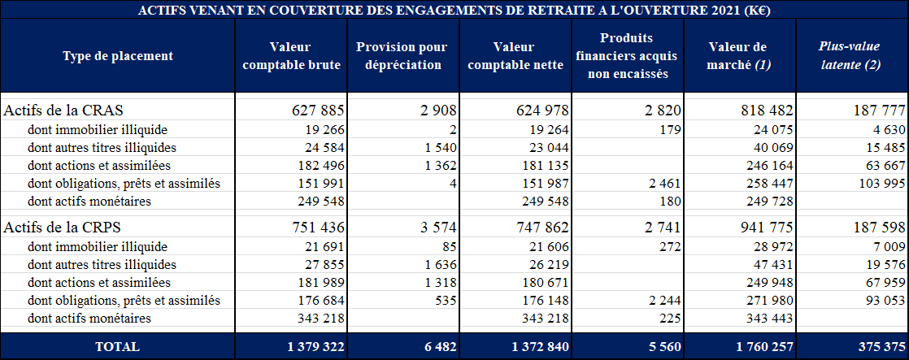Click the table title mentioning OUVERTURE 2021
coord(455,10)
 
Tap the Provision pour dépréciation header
coord(402,56)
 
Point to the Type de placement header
coord(118,56)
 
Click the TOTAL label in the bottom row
coord(117,346)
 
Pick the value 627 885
coord(318,111)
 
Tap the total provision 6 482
coord(438,346)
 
